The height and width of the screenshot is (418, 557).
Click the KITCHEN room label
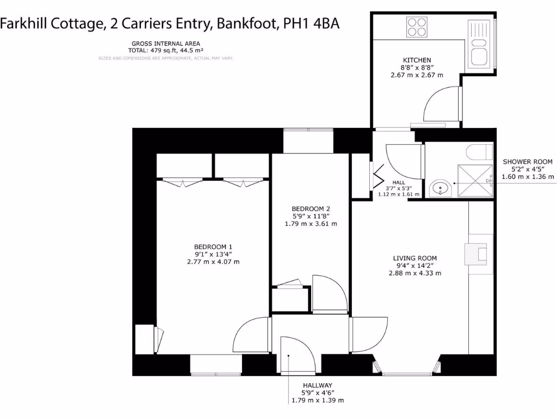click(417, 60)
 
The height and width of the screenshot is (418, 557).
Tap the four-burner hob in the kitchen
click(417, 27)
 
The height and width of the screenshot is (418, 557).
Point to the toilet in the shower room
click(479, 151)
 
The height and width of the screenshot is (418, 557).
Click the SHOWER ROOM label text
click(527, 162)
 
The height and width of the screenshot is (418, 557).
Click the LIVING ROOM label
click(414, 258)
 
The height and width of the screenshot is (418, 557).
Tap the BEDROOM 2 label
click(311, 208)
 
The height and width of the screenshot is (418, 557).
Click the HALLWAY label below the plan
click(318, 385)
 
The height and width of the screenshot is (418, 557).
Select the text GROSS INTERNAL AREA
click(165, 44)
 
